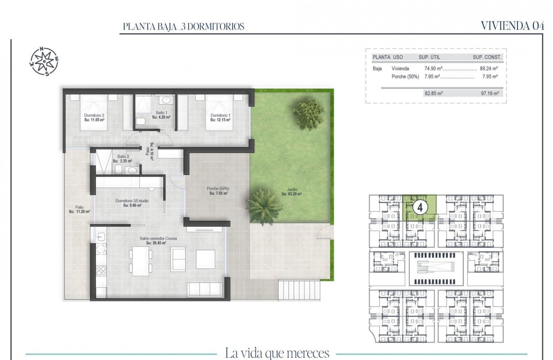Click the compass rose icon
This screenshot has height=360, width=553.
click(44, 61)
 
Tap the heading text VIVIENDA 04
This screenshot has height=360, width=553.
click(513, 26)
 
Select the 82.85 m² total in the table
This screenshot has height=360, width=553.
click(433, 93)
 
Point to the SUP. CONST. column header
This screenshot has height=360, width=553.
click(487, 57)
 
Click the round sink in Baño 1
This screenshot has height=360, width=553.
click(166, 101)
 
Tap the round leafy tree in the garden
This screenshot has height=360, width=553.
click(308, 113)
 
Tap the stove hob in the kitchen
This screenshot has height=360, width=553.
click(102, 270)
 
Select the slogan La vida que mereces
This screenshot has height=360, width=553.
click(276, 353)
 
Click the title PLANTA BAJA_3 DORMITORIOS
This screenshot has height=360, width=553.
click(183, 27)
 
